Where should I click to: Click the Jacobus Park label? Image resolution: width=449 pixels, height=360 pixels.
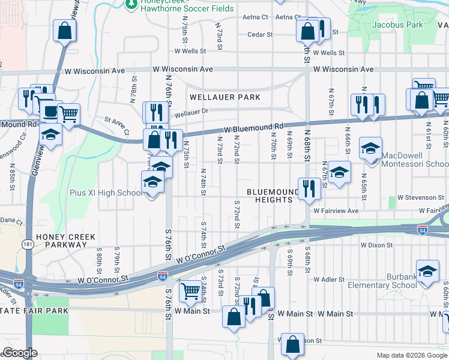pos(397,25)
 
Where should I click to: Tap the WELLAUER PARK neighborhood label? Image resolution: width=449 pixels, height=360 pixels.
pos(225,97)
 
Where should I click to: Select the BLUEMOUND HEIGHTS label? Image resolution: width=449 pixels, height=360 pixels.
pos(273,196)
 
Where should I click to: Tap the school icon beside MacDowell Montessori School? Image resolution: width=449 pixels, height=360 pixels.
pos(370,148)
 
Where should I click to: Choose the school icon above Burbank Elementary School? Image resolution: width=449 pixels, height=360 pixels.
pos(427,271)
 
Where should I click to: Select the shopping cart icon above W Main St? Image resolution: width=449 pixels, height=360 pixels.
pos(190,291)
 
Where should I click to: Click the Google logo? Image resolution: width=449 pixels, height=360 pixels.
pos(20,353)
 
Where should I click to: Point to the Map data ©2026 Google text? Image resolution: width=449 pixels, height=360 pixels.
pos(411,355)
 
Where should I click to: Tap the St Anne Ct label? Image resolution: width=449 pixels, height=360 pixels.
pos(116,124)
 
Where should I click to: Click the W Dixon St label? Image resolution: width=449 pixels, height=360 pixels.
pos(376,245)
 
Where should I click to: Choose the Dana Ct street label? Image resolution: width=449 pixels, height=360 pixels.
pos(11,221)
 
